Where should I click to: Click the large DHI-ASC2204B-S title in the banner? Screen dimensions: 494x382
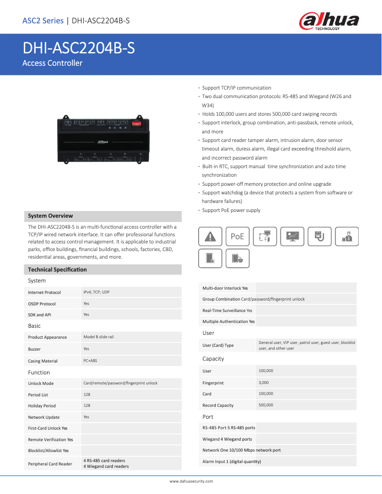[79, 48]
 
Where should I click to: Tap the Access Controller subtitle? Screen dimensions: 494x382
[52, 63]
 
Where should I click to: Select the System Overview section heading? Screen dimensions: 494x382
[50, 216]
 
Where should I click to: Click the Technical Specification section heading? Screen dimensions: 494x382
[57, 270]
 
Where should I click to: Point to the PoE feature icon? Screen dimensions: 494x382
[237, 236]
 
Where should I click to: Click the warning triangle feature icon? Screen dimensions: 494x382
[210, 236]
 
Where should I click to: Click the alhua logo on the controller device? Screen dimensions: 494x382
[102, 141]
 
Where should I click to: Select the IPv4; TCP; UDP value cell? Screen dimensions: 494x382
[96, 292]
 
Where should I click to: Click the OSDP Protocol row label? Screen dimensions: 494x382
[42, 304]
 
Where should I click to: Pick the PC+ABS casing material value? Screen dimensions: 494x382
[90, 361]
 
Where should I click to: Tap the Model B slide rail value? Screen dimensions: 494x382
[98, 337]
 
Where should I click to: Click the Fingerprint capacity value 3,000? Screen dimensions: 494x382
[263, 383]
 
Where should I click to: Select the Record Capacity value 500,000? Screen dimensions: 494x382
[266, 405]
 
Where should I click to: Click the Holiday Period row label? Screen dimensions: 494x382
[42, 406]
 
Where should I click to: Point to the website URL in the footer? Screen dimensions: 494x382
[191, 481]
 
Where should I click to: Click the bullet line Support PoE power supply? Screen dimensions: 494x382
[231, 210]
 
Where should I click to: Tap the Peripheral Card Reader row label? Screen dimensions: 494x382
[50, 464]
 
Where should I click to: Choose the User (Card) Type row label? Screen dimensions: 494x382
[218, 345]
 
